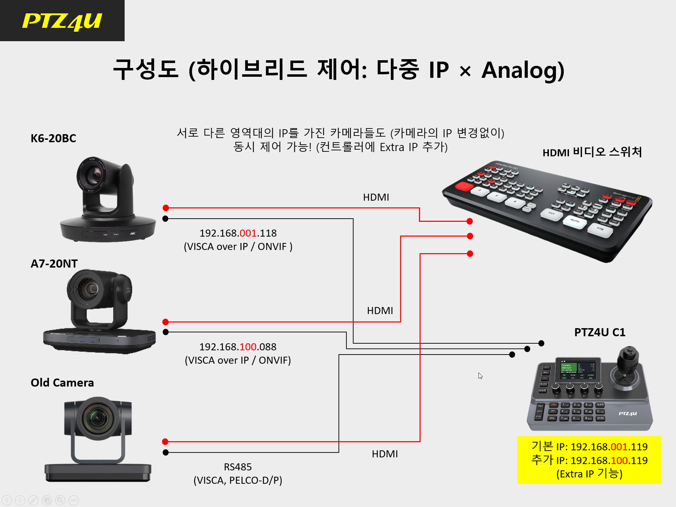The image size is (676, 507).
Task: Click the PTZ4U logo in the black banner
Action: pos(62,21)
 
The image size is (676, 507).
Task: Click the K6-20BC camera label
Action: pos(54,138)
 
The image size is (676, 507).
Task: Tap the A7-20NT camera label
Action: pos(54,263)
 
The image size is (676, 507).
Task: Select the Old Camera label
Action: pos(62,383)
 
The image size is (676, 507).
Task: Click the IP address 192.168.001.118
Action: pos(238,233)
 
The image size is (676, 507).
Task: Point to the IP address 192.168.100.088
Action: pos(238,347)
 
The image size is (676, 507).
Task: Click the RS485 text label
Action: pos(238,467)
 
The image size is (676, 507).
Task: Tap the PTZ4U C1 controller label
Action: pos(600,332)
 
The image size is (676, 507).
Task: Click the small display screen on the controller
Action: pos(577,370)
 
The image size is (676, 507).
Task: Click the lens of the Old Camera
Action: pos(98,419)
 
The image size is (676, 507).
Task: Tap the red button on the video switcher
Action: pos(464,186)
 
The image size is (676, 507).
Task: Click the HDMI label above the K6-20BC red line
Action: pos(376,197)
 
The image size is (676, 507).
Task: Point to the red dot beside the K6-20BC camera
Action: pos(166,208)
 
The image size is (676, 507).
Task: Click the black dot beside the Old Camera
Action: pos(166,452)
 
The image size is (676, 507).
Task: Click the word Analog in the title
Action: pos(523,70)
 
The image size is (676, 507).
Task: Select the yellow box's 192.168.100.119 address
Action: pos(609,461)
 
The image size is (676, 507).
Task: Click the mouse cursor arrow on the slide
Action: pos(480,376)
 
